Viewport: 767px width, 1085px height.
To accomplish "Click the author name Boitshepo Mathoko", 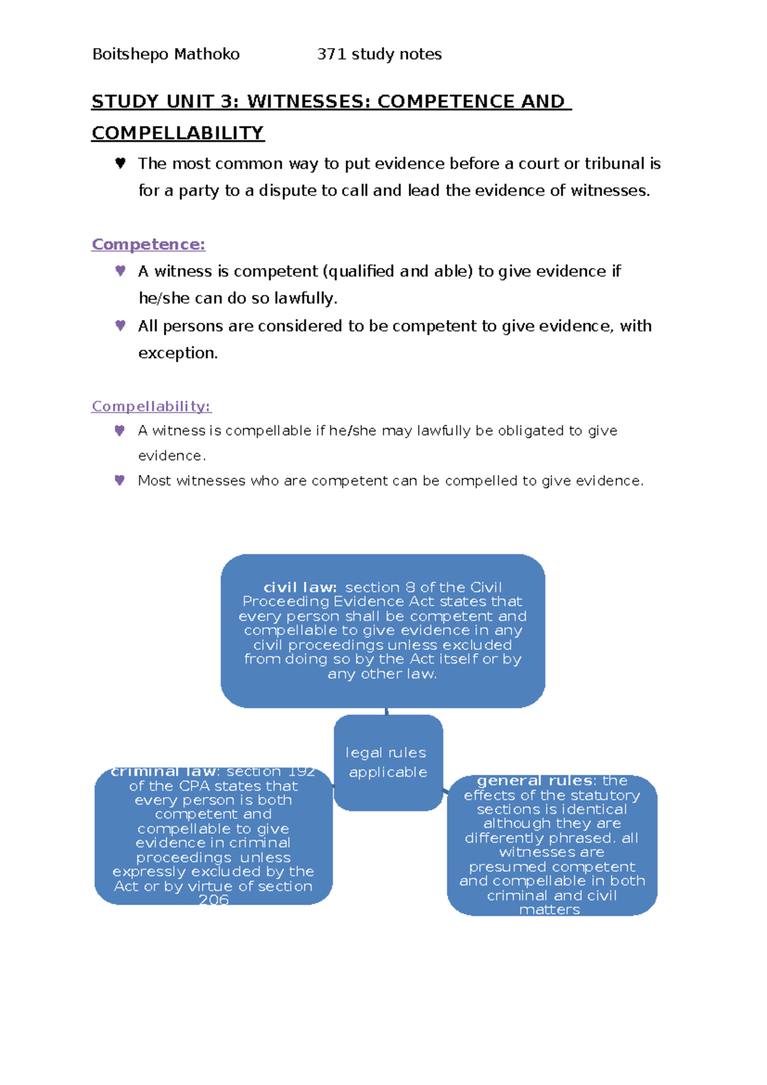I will point(166,54).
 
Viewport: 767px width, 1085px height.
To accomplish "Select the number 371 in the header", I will point(332,54).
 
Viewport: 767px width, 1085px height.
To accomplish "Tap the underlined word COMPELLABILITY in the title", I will point(178,133).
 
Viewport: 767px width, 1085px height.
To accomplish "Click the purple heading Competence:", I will point(148,244).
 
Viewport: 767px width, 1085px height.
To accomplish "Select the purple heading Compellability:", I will point(151,406).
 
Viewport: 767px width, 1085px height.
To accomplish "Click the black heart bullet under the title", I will point(120,163).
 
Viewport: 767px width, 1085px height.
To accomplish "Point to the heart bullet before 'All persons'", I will point(120,326).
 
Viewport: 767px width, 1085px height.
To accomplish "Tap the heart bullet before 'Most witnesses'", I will point(120,480).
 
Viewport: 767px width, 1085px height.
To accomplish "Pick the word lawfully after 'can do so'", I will point(305,299).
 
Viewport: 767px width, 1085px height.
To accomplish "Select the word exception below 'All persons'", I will point(177,353).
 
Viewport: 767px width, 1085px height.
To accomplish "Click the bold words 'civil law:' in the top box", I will point(300,587).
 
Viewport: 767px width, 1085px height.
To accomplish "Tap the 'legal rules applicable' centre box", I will point(387,763).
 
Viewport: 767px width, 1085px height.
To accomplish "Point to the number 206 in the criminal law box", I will point(213,899).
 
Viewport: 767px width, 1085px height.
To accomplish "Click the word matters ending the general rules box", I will point(550,910).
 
